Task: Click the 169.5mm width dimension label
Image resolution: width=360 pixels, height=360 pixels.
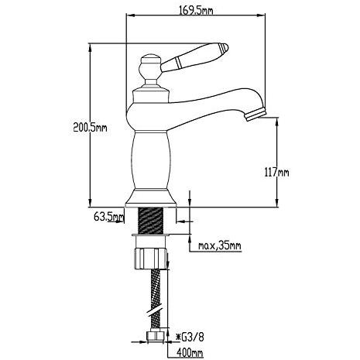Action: pos(196,10)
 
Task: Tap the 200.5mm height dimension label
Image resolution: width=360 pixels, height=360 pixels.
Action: pos(90,127)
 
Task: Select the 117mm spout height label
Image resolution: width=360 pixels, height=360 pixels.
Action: pos(276,172)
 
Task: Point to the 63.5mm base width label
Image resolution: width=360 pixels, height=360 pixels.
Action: pos(108,217)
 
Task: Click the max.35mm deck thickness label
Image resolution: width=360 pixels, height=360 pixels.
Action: pos(220,245)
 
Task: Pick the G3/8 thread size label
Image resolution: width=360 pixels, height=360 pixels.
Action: pos(190,337)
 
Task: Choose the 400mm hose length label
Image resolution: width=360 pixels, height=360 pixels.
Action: pos(190,352)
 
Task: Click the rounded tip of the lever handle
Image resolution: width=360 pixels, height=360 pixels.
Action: pos(225,47)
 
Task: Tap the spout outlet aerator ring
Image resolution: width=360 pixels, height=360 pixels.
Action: pos(255,115)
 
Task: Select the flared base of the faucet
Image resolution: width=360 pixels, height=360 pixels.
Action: pos(151,198)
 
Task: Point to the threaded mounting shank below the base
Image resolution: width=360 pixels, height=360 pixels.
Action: pos(151,221)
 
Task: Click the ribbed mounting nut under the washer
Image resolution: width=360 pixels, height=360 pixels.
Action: pos(151,259)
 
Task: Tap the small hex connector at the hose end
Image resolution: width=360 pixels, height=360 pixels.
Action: pos(156,335)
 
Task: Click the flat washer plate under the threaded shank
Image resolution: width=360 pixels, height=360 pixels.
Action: pos(151,235)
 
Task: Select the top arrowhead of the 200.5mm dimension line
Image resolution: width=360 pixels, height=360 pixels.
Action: pos(90,47)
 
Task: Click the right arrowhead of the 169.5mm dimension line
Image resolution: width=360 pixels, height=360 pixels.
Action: pos(262,15)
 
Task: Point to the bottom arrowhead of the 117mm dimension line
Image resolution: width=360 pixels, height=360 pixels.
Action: pos(276,203)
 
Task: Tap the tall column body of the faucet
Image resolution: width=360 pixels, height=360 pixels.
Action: pos(151,160)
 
